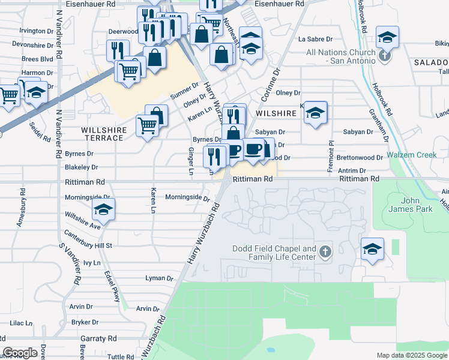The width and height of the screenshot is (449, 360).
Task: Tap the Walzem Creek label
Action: click(411, 155)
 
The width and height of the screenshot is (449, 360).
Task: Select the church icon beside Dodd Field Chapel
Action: click(325, 251)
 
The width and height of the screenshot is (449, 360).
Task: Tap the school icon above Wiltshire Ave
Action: click(103, 209)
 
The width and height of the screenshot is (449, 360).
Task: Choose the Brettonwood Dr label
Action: click(360, 158)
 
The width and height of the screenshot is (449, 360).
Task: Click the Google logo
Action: click(20, 353)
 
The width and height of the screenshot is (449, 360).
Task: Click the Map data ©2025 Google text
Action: click(411, 355)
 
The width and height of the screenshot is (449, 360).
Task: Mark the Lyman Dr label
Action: click(159, 278)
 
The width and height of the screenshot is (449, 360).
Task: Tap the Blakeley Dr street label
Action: click(81, 167)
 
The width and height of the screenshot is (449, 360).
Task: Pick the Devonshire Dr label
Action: click(33, 44)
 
